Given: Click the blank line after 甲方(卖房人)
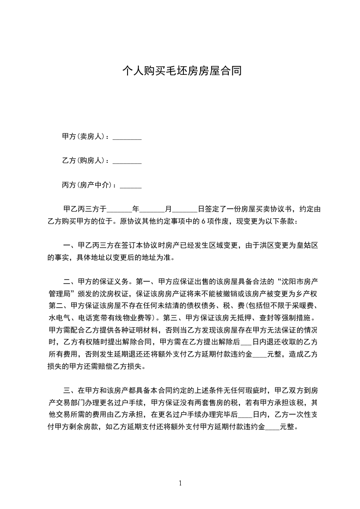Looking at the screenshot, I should point(127,137).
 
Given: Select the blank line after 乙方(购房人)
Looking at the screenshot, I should point(127,161).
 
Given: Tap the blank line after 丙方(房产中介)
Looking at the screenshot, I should point(130,185).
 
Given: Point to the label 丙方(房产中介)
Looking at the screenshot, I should point(86,185).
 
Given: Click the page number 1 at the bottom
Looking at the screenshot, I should point(180,483).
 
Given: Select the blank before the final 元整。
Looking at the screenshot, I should point(272,426).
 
